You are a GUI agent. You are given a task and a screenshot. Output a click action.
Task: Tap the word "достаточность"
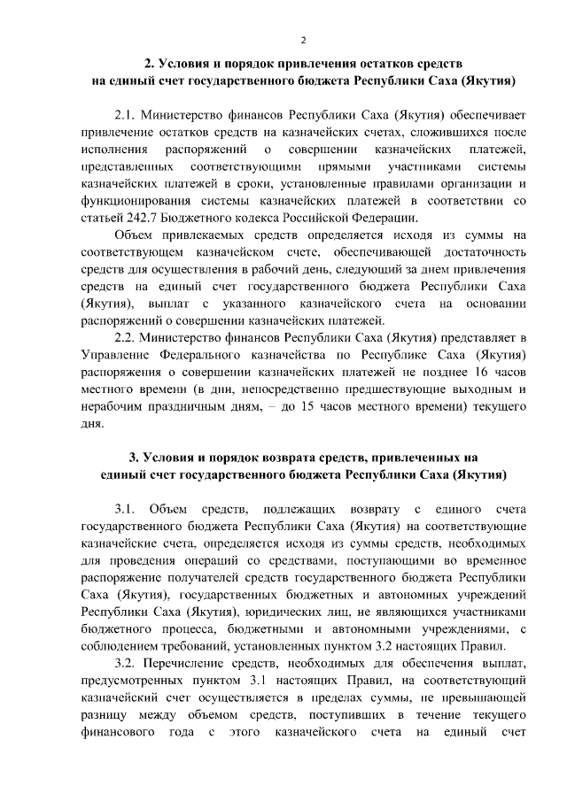click(480, 252)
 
